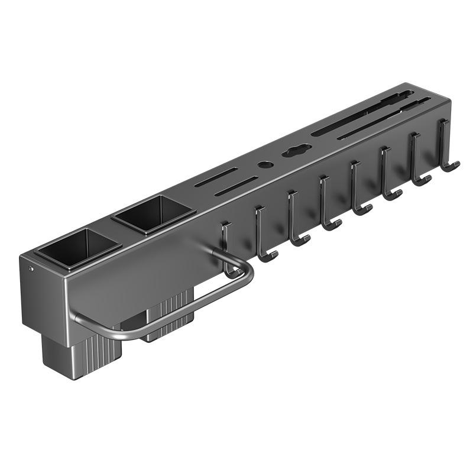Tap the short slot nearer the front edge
tap(237, 186)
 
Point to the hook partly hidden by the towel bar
tap(226, 242)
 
